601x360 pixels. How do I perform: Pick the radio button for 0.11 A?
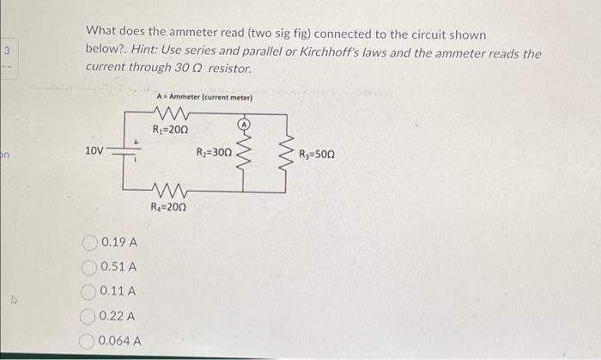91,292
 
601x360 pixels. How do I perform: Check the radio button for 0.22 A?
90,316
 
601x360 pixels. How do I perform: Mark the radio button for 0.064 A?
89,341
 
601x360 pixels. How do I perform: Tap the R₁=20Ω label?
169,130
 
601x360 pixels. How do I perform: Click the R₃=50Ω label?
317,155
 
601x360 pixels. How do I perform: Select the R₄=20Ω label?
168,206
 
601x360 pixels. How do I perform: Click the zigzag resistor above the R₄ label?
167,191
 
